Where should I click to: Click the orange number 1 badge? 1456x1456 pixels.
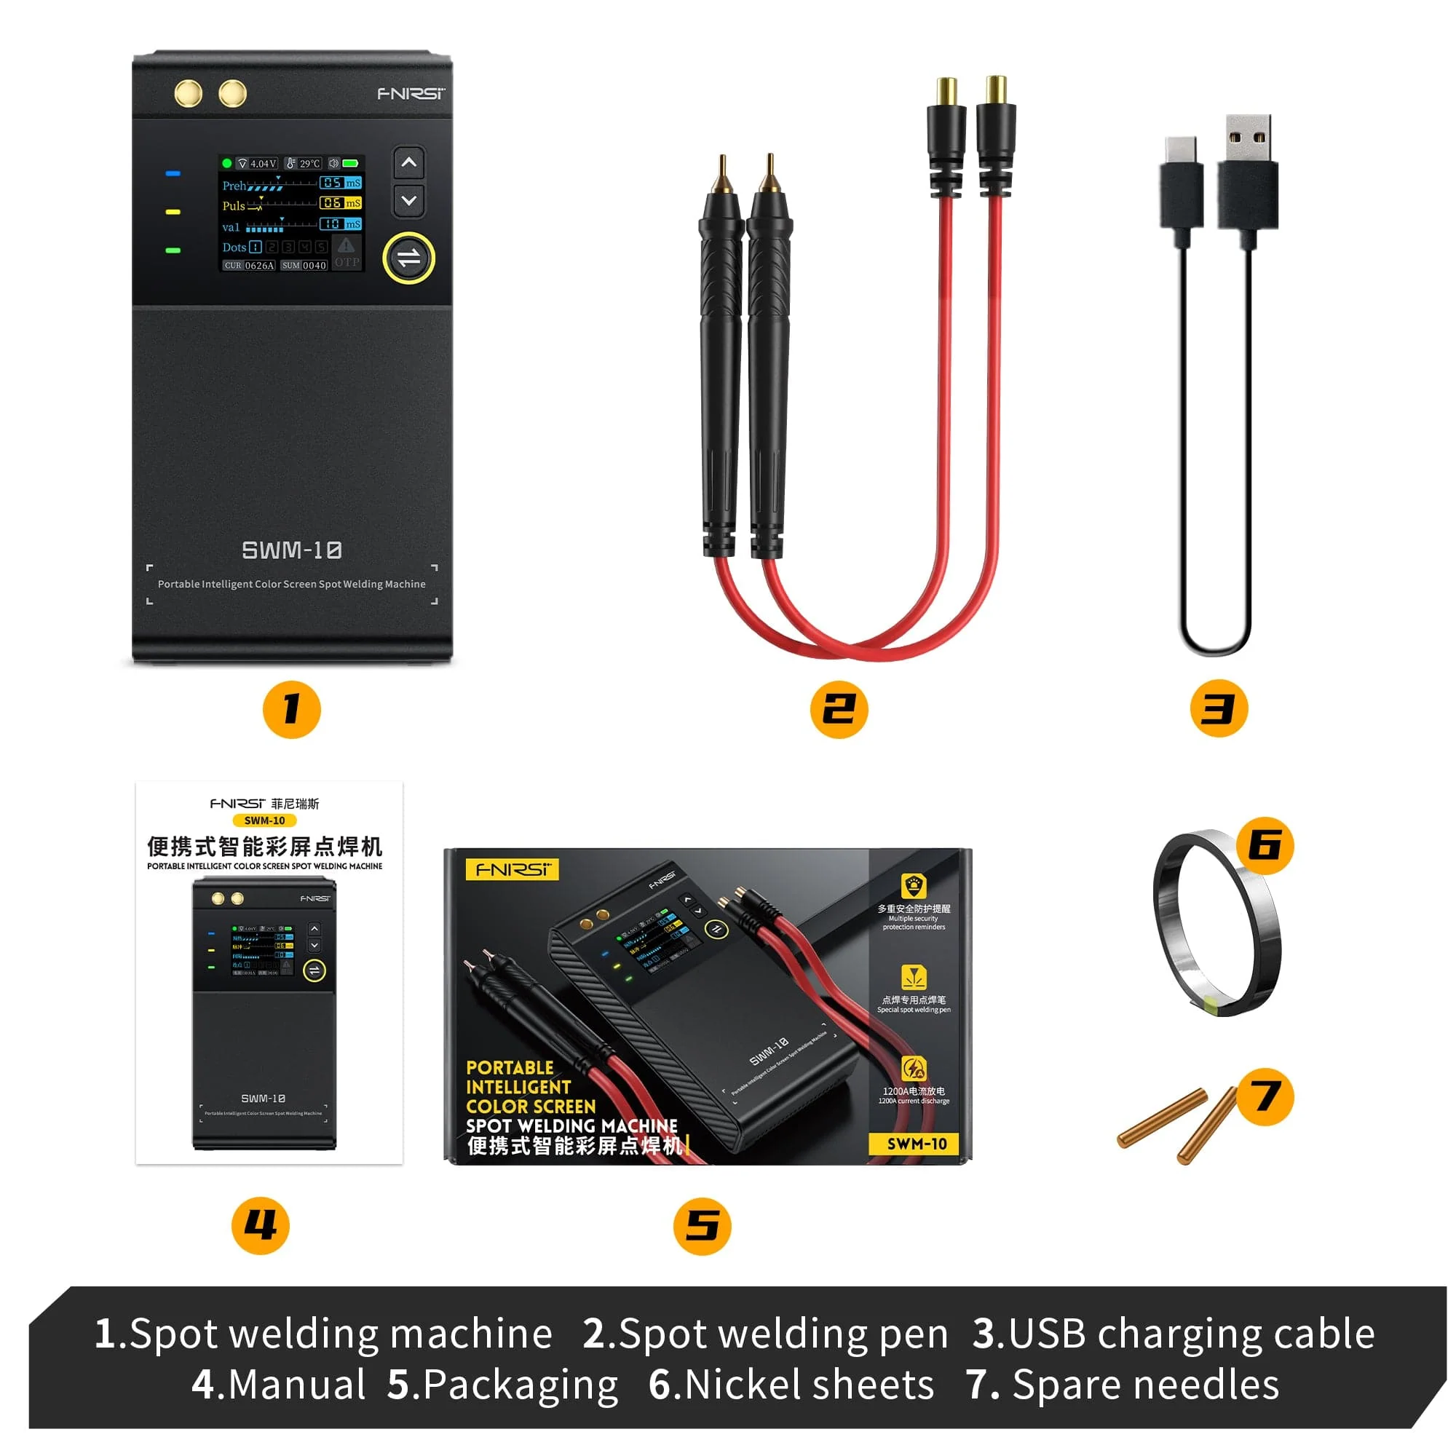292,709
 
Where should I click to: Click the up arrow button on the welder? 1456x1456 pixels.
408,163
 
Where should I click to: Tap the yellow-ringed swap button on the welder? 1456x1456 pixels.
408,258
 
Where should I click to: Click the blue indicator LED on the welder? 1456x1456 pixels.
173,174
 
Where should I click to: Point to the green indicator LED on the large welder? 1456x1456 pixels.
173,250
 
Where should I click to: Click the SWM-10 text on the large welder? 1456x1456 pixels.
292,550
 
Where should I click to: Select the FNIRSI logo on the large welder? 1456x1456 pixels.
411,93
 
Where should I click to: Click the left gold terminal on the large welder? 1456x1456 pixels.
188,93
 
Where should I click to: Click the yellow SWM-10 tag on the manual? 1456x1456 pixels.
264,820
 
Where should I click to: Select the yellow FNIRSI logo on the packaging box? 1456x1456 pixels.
513,870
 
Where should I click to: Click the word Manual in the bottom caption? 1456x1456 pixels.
296,1385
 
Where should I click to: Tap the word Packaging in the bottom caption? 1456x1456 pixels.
520,1385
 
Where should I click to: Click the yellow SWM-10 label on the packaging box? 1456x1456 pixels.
917,1144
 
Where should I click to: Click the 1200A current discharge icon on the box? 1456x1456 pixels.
914,1069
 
